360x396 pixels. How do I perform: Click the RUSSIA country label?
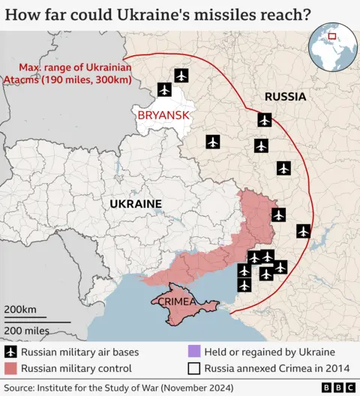(x=285, y=97)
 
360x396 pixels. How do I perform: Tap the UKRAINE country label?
(x=136, y=204)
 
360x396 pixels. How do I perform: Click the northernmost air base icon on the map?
(x=181, y=75)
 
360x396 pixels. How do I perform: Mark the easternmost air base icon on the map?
(x=303, y=231)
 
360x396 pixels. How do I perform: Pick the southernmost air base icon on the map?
(x=244, y=285)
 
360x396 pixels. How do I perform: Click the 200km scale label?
(x=20, y=310)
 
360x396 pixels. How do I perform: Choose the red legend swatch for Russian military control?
(x=10, y=368)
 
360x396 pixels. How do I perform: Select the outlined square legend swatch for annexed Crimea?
(x=194, y=368)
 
